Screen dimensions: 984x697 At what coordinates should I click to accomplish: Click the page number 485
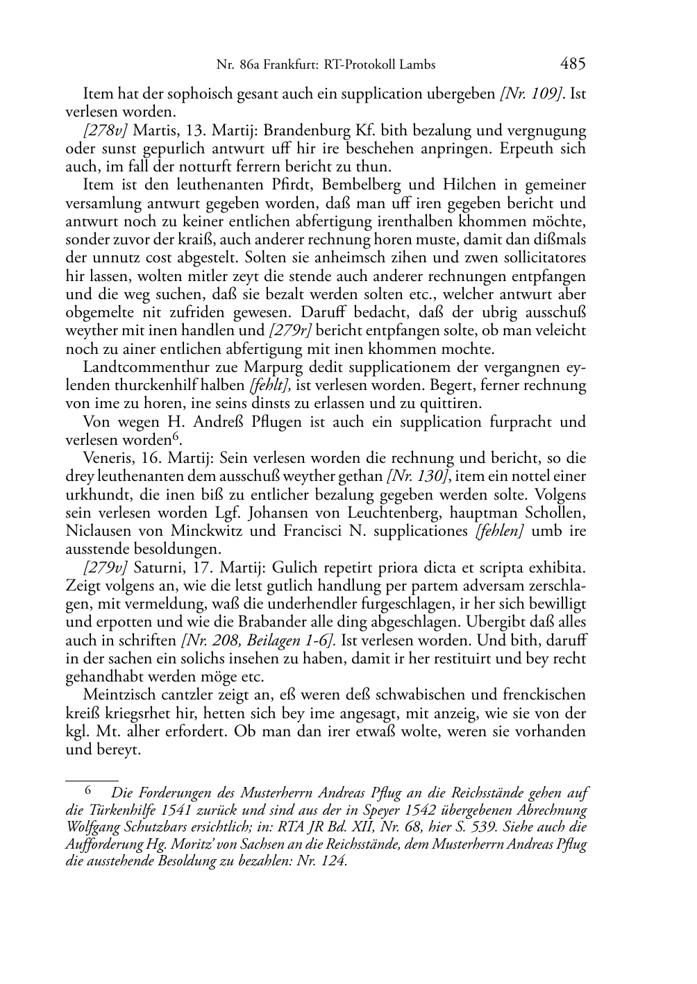pos(573,64)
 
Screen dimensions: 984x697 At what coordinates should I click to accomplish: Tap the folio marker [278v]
pos(106,130)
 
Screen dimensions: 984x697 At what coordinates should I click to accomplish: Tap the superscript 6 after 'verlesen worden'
pos(176,437)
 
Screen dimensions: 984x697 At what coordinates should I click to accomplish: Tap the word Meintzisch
pos(116,695)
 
